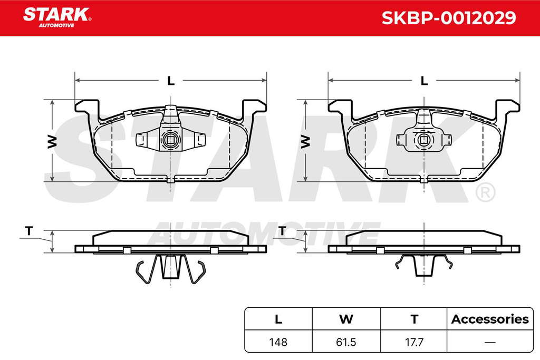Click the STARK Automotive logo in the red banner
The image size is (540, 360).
click(x=57, y=17)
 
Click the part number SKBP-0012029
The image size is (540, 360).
click(x=449, y=18)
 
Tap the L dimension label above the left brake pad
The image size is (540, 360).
click(x=171, y=81)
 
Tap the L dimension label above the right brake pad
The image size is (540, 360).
click(x=425, y=81)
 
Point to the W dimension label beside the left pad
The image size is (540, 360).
click(x=52, y=141)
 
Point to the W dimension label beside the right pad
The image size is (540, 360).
click(x=305, y=141)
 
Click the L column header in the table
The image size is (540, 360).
click(x=278, y=319)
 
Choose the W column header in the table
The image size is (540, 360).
click(x=346, y=319)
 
